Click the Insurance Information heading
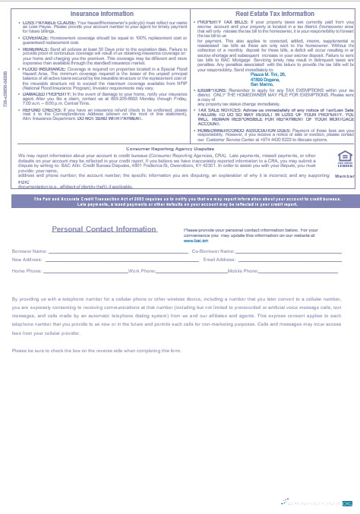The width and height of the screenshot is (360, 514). pos(102,14)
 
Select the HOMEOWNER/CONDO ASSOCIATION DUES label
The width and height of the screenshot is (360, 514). pos(236,130)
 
